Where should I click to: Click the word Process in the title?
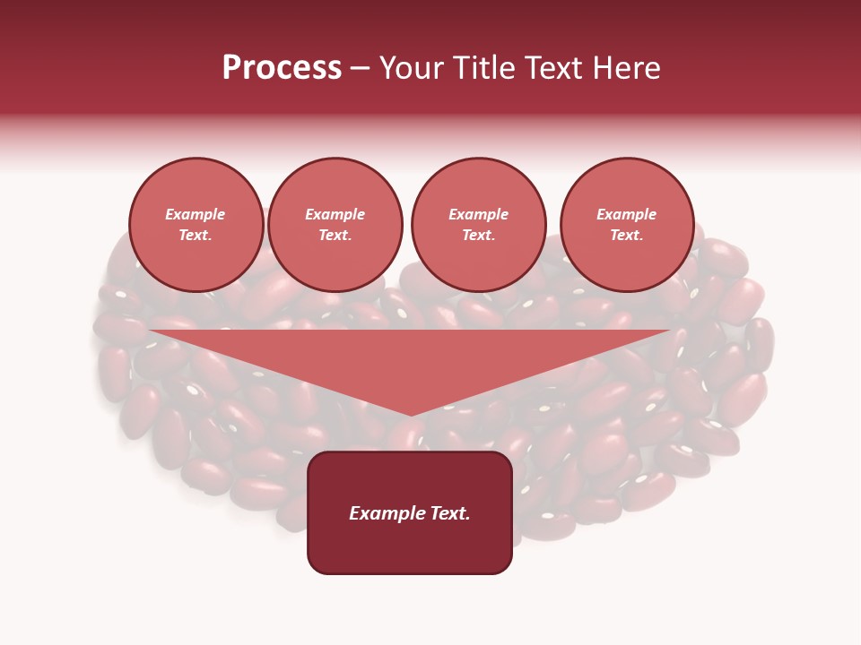coord(282,68)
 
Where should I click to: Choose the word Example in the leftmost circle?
coord(196,214)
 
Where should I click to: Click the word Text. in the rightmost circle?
coord(627,235)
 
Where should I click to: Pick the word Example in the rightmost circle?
coord(627,214)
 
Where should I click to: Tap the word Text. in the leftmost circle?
coord(196,235)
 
